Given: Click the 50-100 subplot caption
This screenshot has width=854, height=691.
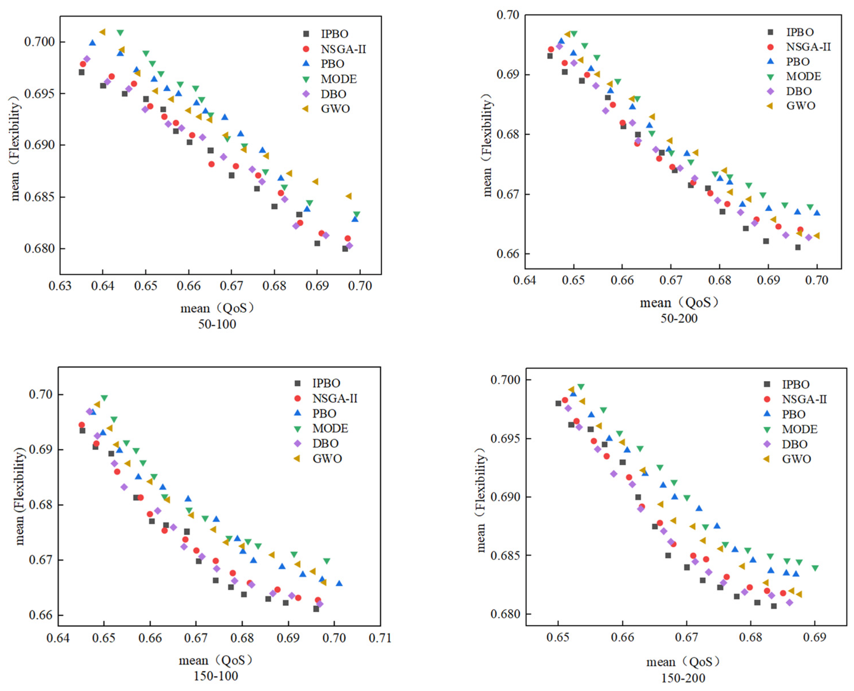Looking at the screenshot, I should (217, 324).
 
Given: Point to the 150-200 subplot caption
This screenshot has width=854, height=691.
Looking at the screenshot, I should (683, 678).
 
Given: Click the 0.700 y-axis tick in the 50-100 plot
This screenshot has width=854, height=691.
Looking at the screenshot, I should (39, 42).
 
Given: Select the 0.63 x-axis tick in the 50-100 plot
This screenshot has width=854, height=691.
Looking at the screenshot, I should (60, 286).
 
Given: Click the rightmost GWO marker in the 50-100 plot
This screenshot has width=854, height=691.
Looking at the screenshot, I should (348, 196).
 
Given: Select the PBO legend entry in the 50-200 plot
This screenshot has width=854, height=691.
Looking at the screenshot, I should (797, 62).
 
